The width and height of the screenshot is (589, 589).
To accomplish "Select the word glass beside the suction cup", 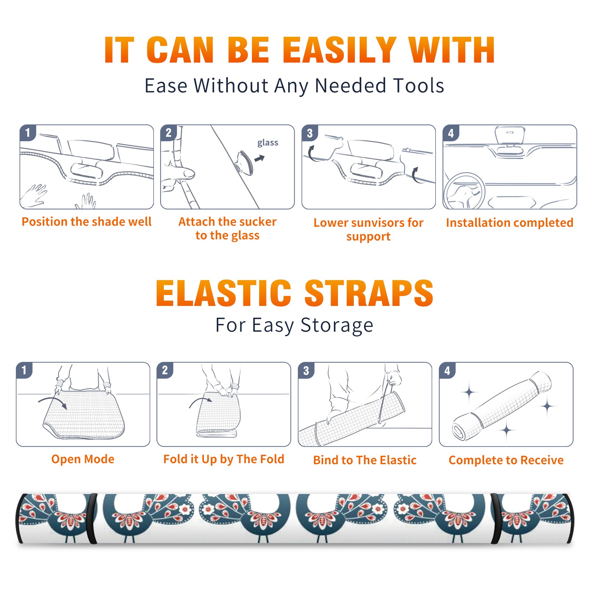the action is coord(268,143).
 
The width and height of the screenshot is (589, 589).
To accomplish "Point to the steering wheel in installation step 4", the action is coord(465,190).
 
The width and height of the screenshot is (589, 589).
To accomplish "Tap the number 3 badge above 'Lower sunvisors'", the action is coord(310,133).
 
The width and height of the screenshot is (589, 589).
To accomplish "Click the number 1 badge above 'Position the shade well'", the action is coord(28,133).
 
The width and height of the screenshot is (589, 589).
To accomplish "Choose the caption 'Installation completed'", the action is coord(509,223).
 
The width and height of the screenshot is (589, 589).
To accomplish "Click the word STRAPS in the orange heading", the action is coord(369,293).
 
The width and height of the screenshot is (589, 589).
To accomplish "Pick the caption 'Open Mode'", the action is coord(83,459).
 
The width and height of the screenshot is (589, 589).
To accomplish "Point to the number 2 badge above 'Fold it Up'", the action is coord(165,370).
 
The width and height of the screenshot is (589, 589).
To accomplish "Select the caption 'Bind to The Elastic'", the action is coord(365,460).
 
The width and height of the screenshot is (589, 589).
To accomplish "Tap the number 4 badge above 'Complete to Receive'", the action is coord(447,370).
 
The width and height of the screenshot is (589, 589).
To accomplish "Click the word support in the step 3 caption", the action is coord(368,237).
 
